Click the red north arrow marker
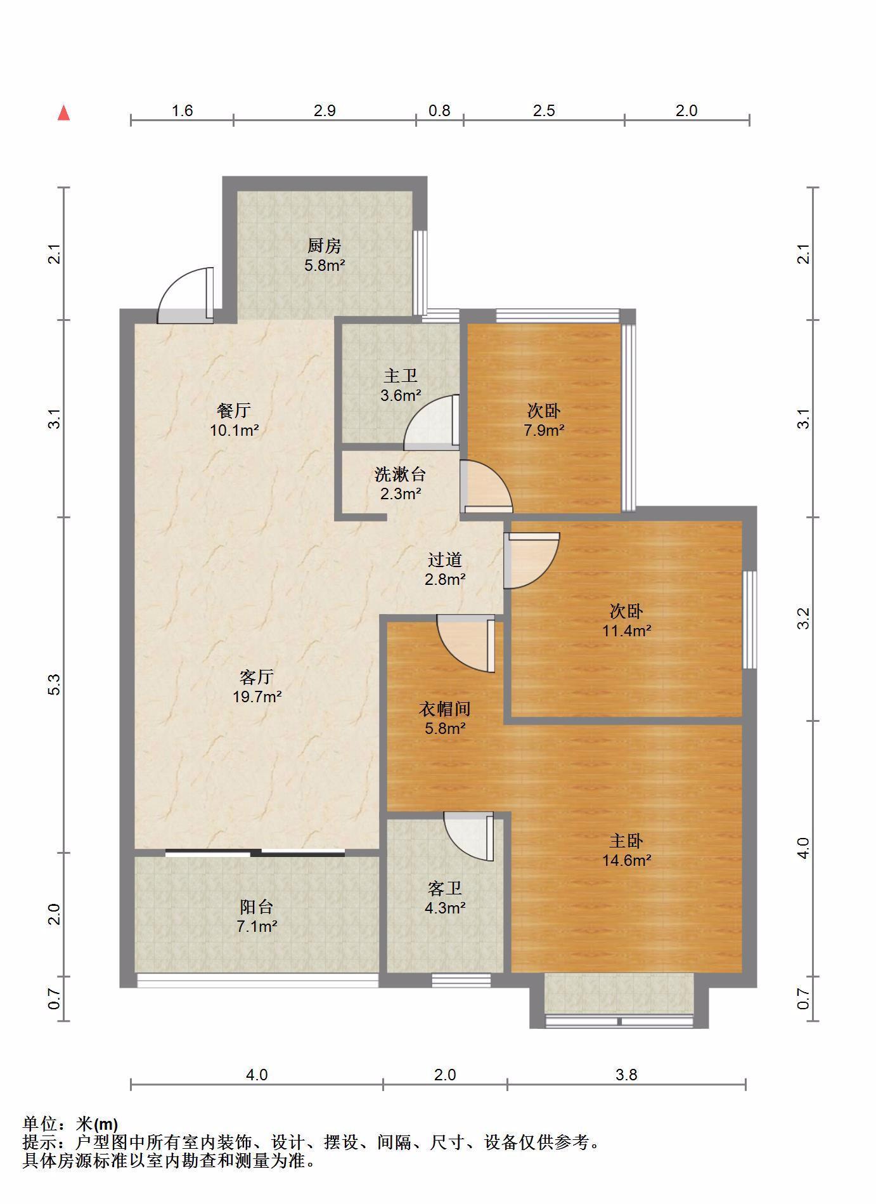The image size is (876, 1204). point(63,113)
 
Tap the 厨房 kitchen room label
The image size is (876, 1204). point(325,245)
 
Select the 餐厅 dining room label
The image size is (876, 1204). point(234,410)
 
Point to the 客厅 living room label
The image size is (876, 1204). point(257,677)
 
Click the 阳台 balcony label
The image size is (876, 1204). point(257,906)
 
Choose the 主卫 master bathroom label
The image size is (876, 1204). point(401,376)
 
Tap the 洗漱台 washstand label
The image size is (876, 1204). point(401,474)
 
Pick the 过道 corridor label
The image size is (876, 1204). point(445,559)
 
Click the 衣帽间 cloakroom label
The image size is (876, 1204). point(445,709)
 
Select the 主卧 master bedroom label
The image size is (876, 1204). point(626,841)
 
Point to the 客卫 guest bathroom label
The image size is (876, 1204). point(445,889)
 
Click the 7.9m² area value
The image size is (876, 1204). point(544,430)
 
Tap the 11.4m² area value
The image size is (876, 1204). point(627,631)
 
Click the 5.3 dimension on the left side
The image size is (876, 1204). point(55,684)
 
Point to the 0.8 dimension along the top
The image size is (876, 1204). point(439,110)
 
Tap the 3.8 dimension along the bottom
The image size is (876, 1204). point(626,1075)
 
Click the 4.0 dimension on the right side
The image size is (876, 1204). point(803,848)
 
